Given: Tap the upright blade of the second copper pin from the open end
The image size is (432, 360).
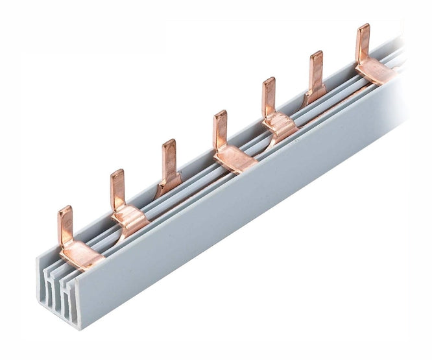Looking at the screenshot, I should pos(117,190).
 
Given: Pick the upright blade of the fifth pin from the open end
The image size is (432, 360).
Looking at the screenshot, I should pos(269,97).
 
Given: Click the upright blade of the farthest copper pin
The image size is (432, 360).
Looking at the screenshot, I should pos(363,43).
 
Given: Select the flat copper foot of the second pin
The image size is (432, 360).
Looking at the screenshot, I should pos(133,219).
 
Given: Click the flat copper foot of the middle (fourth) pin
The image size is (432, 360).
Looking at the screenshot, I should pos(235,158).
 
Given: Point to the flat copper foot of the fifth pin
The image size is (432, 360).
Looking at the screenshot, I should pos(280,125).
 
